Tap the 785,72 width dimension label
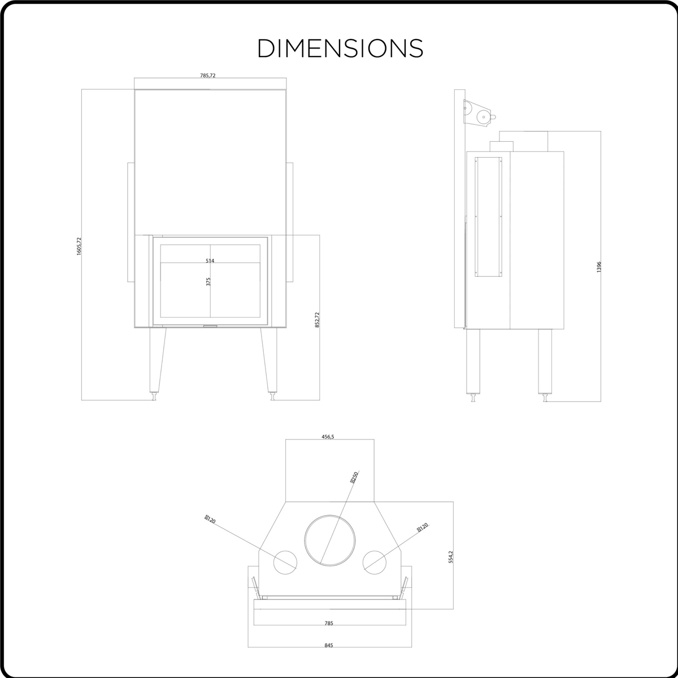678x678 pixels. [207, 75]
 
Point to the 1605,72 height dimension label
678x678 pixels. [79, 246]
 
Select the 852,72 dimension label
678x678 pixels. [317, 320]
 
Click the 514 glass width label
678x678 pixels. [210, 260]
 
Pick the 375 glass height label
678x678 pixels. [208, 281]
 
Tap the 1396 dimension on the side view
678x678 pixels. [599, 267]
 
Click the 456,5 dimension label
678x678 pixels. [328, 437]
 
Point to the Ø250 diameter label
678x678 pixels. [354, 477]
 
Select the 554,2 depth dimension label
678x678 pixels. [451, 557]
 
